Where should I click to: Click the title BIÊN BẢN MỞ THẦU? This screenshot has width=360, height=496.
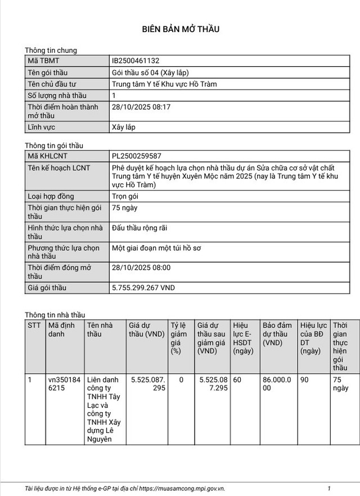[180, 29]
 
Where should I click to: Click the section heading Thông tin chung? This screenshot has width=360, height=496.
[51, 50]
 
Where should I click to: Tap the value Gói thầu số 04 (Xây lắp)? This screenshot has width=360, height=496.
[150, 73]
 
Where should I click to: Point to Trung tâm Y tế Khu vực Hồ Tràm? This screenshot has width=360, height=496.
[164, 84]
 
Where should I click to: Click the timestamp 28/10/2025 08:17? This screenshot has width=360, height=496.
[141, 107]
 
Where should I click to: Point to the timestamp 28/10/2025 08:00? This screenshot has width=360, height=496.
[141, 268]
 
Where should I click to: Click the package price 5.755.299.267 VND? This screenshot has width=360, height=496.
[143, 288]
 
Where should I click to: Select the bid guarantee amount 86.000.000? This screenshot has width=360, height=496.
[277, 384]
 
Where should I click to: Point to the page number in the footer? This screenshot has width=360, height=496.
[329, 489]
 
